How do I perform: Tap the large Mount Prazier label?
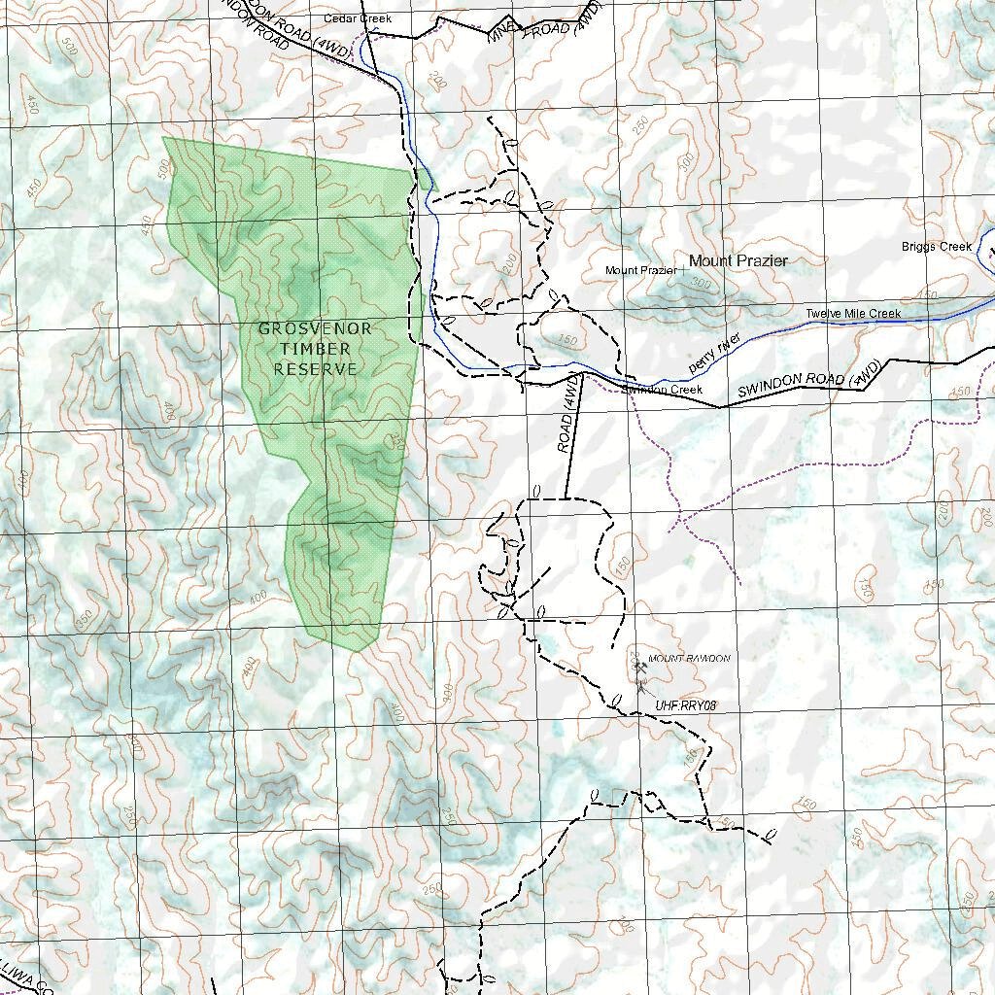click(738, 260)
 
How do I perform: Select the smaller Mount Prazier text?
click(640, 270)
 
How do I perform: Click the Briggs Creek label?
click(936, 247)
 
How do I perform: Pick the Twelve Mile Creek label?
click(852, 314)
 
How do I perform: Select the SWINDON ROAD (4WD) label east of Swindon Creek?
click(809, 379)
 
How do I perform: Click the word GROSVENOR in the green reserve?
click(315, 329)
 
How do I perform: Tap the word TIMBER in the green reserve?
click(315, 349)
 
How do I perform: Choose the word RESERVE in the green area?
click(315, 369)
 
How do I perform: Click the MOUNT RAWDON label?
click(688, 659)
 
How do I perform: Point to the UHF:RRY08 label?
click(685, 705)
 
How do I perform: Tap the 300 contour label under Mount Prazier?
click(702, 285)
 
